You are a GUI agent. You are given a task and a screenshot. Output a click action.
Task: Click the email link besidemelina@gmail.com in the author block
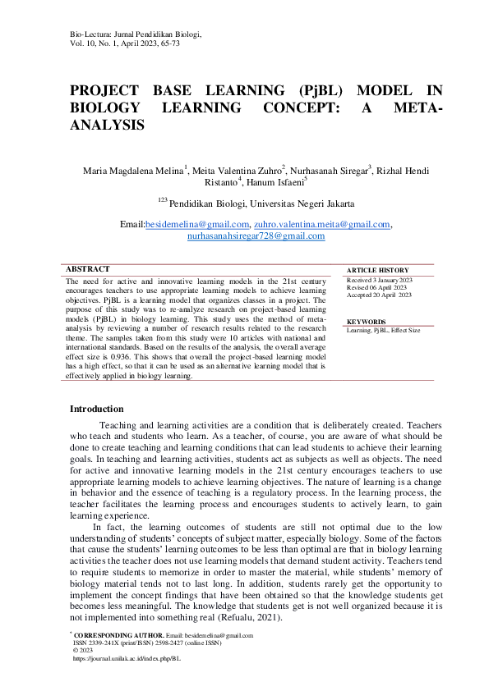197,224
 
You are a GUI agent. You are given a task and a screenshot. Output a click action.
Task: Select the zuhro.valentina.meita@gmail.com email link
323,224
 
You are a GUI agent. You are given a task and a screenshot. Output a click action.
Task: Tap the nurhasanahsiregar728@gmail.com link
256,236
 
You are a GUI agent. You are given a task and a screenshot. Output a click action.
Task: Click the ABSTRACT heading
87,268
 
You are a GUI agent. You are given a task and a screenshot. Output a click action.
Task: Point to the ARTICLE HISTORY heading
377,270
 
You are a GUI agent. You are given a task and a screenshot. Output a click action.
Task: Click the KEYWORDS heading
367,322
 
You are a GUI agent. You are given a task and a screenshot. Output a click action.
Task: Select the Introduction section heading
97,409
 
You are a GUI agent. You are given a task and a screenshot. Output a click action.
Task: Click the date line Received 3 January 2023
380,280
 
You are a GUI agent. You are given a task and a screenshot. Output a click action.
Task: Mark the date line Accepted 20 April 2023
380,295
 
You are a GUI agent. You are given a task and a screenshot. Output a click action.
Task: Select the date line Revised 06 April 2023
376,287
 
